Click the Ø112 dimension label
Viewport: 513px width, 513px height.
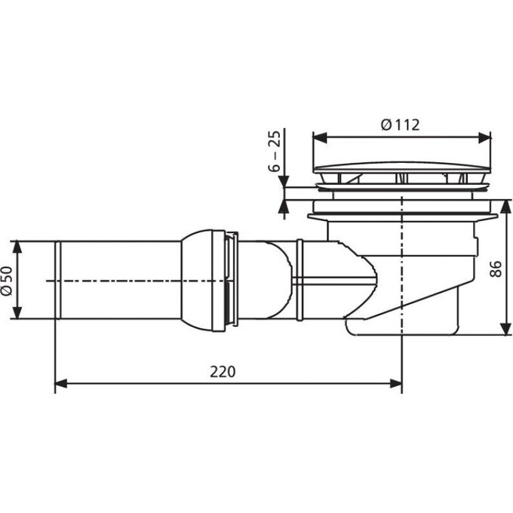tap(400, 125)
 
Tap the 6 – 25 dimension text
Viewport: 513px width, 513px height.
tap(275, 151)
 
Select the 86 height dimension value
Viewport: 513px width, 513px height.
tap(496, 269)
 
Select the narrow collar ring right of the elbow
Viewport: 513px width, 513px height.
tap(300, 280)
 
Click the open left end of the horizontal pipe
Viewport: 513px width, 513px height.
tap(57, 280)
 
